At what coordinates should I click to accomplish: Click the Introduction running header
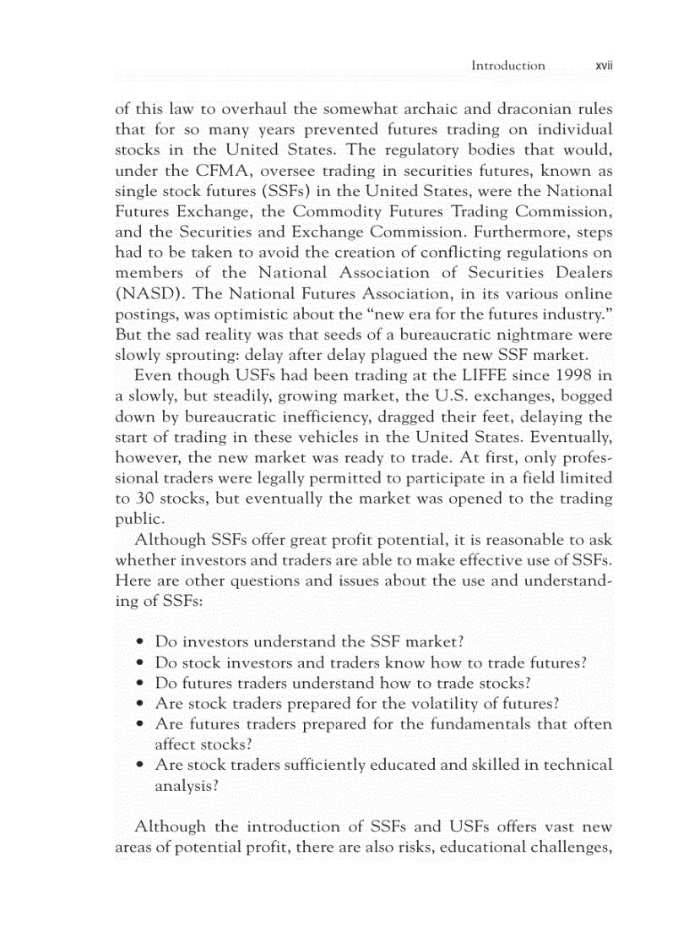507,65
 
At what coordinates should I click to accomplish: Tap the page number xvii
603,65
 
